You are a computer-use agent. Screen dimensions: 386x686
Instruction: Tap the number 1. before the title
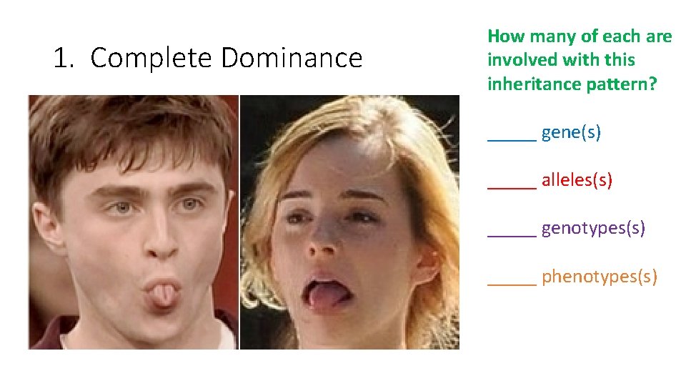[65, 58]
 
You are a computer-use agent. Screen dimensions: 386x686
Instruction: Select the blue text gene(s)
[571, 132]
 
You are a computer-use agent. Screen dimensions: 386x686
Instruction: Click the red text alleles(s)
[577, 180]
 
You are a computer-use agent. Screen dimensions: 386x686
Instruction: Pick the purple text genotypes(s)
[593, 228]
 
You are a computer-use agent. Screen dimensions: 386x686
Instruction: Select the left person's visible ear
[44, 229]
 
